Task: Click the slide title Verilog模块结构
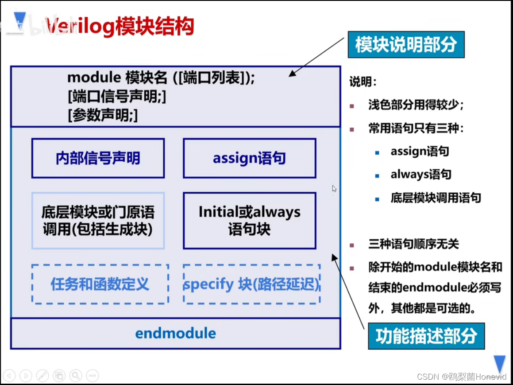click(120, 27)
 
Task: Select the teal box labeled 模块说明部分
click(406, 45)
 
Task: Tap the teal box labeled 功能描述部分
click(426, 336)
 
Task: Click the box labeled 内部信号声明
click(98, 158)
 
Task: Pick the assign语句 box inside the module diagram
click(249, 158)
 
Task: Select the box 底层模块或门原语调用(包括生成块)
click(98, 221)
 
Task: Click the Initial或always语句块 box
click(249, 221)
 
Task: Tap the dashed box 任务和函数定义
click(100, 284)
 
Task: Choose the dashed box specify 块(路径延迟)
click(251, 284)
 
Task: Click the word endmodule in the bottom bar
click(176, 333)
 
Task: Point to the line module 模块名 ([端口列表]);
click(161, 78)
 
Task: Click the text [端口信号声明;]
click(117, 97)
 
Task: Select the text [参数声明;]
click(103, 116)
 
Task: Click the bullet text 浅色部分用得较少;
click(416, 105)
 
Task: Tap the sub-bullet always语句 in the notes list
click(420, 175)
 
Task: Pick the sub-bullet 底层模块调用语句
click(436, 198)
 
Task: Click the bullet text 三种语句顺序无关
click(413, 244)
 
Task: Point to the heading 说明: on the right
click(363, 82)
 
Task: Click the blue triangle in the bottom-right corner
click(500, 363)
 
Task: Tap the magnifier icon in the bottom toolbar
click(76, 376)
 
